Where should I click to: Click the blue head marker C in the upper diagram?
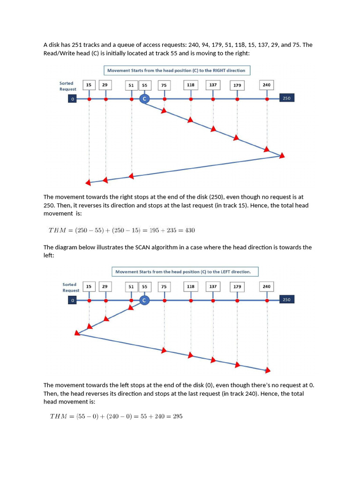(x=144, y=99)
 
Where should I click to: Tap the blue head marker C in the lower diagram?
(x=144, y=300)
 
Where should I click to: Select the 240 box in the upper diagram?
(x=267, y=85)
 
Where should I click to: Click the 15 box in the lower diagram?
(x=89, y=286)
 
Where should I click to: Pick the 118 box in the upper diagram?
(x=191, y=85)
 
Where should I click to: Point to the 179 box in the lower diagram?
(x=237, y=286)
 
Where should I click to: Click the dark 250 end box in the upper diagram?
(x=286, y=98)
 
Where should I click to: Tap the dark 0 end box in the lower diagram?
(x=73, y=300)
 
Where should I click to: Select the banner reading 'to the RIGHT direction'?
(x=177, y=71)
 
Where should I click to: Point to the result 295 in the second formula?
(x=177, y=416)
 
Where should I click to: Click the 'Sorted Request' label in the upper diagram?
(x=68, y=86)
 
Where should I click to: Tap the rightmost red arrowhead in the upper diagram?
(x=282, y=155)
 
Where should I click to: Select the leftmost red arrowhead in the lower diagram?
(x=77, y=333)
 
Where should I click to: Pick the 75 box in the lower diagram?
(x=164, y=286)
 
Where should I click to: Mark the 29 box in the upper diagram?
(x=105, y=85)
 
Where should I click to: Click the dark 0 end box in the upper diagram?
(x=73, y=99)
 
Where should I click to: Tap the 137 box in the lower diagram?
(x=213, y=286)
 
